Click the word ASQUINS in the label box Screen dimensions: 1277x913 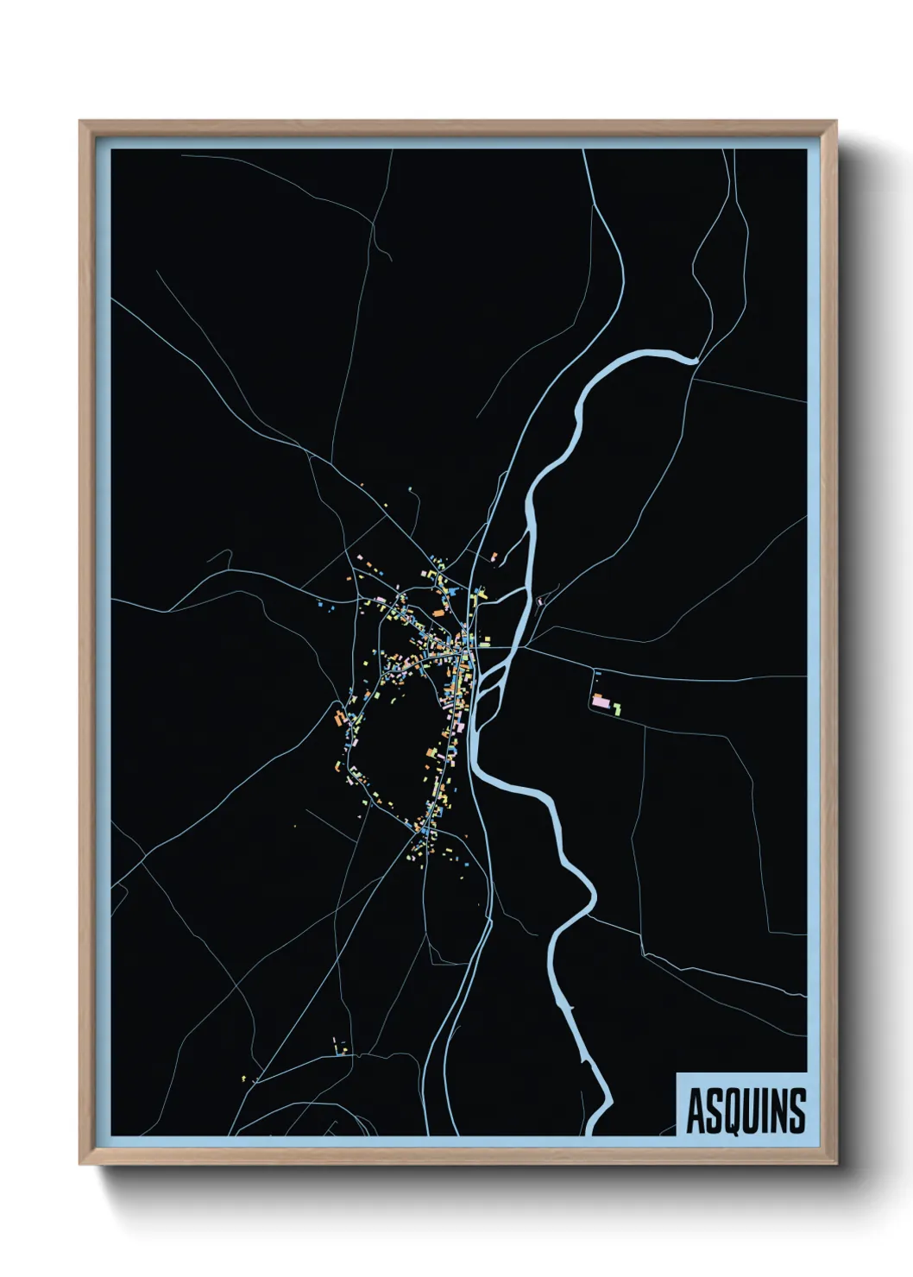pos(746,1110)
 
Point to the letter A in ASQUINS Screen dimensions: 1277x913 pos(695,1111)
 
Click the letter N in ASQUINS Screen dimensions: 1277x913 pos(783,1111)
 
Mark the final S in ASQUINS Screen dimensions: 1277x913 pos(799,1111)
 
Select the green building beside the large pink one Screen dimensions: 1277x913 pos(618,708)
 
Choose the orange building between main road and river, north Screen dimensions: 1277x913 pos(494,557)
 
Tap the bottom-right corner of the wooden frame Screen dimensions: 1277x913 pos(837,1164)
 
